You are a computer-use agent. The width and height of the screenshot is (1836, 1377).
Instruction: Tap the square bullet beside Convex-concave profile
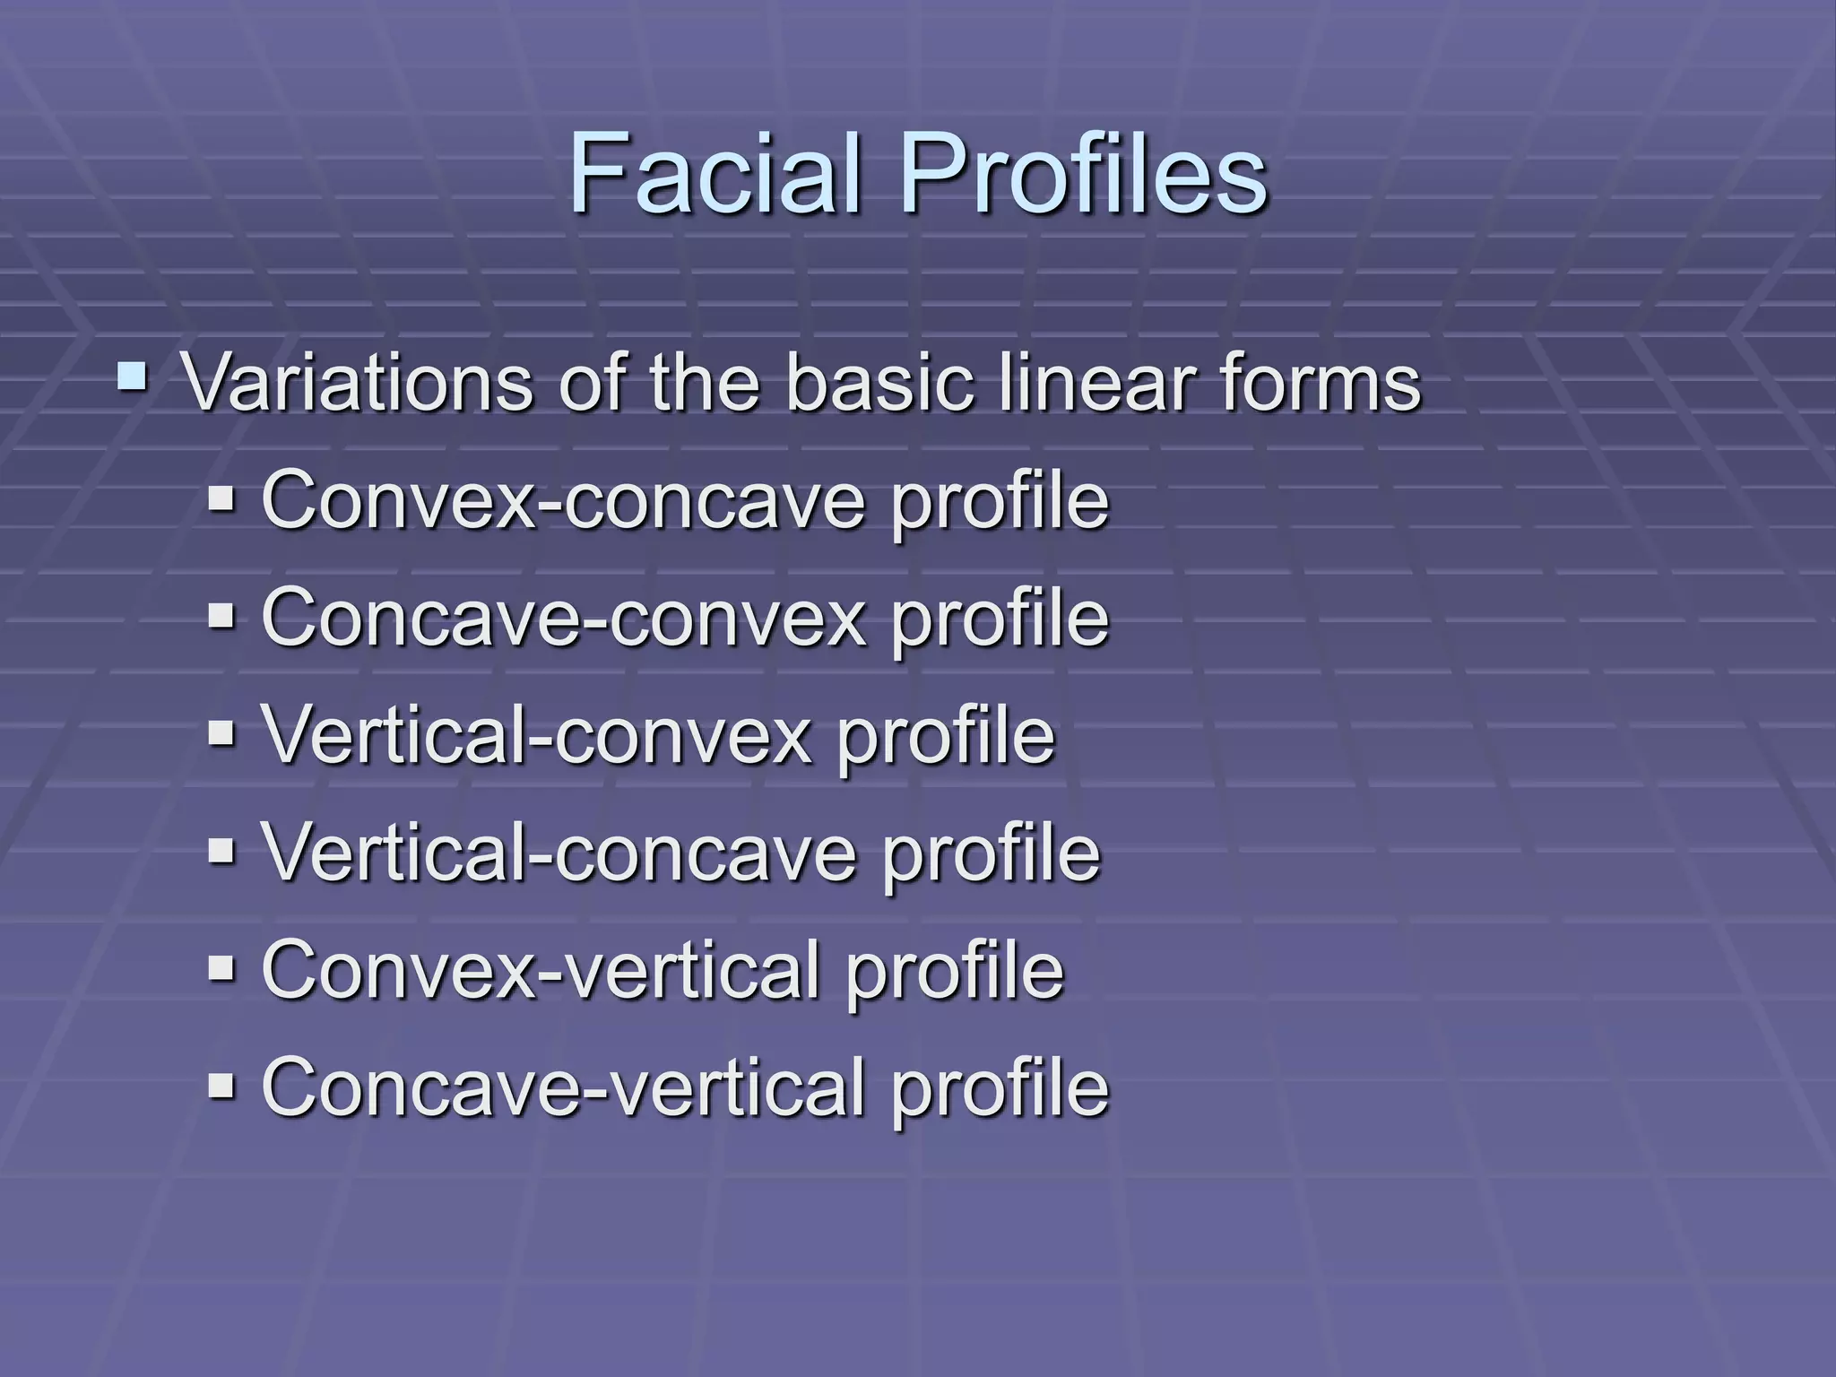coord(221,498)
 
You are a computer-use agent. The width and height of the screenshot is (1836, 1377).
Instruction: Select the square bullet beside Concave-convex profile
coord(221,616)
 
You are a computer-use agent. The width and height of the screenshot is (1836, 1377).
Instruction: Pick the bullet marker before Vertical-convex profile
coord(221,734)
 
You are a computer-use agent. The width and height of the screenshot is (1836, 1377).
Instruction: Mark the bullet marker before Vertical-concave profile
coord(221,852)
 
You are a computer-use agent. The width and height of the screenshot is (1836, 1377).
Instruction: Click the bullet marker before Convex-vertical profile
coord(221,969)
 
